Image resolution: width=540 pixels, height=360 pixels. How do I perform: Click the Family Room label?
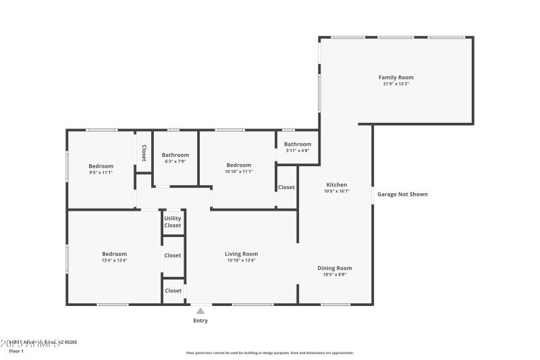point(396,78)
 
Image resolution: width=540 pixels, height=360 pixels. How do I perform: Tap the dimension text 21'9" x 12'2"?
point(396,84)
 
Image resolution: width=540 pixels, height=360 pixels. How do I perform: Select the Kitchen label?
point(336,184)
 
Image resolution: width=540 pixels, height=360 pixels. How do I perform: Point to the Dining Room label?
point(335,268)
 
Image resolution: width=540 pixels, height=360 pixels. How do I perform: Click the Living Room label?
point(241,254)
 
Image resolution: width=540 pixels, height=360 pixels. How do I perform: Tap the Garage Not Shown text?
point(402,195)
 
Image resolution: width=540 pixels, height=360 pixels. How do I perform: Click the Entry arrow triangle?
point(200,311)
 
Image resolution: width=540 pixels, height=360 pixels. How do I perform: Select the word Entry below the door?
point(200,321)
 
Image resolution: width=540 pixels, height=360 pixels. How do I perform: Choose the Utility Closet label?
point(173,222)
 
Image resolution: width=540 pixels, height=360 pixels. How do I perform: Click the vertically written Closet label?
point(144,153)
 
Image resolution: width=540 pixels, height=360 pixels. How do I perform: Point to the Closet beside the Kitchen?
point(286,187)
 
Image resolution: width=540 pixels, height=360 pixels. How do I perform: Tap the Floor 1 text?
point(16,351)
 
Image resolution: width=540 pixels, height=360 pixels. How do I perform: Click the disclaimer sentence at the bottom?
point(269,353)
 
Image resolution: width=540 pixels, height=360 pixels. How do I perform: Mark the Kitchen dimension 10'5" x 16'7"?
point(336,191)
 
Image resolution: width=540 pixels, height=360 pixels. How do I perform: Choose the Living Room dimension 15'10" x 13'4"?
point(241,260)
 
